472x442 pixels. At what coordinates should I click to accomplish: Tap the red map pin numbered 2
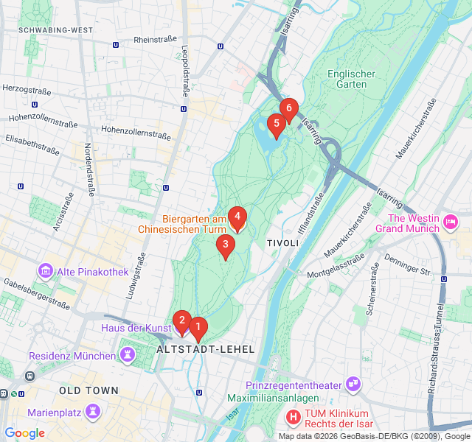click(x=181, y=320)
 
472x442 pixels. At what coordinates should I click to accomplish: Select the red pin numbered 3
click(x=225, y=245)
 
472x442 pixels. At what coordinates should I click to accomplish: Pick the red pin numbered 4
click(x=237, y=217)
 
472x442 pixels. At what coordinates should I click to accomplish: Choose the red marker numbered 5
click(x=276, y=124)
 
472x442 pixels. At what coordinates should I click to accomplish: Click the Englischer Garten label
click(x=351, y=79)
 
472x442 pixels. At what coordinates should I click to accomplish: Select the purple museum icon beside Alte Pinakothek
click(x=46, y=271)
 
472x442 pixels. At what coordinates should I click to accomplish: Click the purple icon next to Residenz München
click(x=129, y=356)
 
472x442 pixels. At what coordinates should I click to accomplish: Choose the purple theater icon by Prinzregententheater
click(x=354, y=385)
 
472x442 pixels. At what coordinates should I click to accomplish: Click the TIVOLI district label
click(x=282, y=243)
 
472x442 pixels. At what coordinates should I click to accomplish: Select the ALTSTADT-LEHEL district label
click(x=206, y=349)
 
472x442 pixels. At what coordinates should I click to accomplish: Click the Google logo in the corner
click(x=24, y=433)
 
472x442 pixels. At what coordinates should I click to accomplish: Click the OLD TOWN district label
click(x=88, y=390)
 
